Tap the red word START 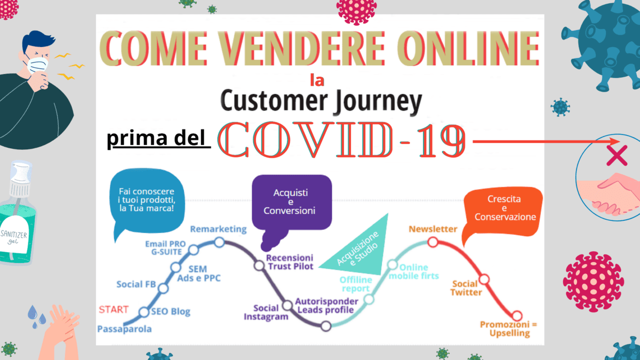tap(114, 309)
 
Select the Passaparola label tap(124, 329)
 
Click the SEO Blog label tap(171, 311)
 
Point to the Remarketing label tap(219, 229)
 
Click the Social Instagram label tap(266, 312)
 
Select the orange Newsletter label tap(433, 229)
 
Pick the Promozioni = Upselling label tap(505, 329)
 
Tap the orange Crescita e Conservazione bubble tap(504, 208)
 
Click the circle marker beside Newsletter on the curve tap(433, 243)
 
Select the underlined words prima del tap(156, 141)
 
